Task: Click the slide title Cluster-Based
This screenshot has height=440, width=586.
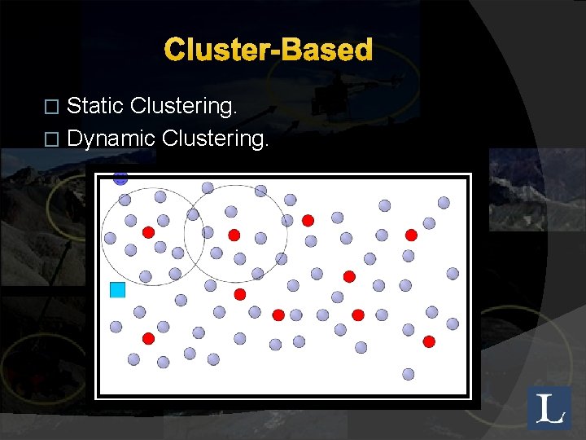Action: [269, 51]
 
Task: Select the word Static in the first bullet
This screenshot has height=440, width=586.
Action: [95, 106]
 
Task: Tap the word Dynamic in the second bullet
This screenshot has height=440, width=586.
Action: [111, 139]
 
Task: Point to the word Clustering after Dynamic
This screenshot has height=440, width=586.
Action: [215, 139]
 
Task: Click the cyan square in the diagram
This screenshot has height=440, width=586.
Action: [117, 289]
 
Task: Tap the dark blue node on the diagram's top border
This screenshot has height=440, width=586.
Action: [120, 178]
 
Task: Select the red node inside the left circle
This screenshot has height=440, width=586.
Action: [148, 232]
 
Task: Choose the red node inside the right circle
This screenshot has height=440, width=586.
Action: [234, 235]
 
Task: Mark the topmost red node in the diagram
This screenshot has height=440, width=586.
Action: [308, 220]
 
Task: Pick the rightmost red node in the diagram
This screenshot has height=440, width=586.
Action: [429, 341]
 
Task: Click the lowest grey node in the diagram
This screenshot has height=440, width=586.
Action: [409, 374]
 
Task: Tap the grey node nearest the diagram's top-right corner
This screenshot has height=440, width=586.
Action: [444, 202]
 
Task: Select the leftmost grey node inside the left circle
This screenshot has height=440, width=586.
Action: [110, 238]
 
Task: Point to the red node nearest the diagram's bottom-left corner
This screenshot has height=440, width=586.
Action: [148, 338]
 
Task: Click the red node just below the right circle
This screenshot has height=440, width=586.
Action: [239, 293]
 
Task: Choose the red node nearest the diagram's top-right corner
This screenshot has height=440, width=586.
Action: [411, 235]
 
